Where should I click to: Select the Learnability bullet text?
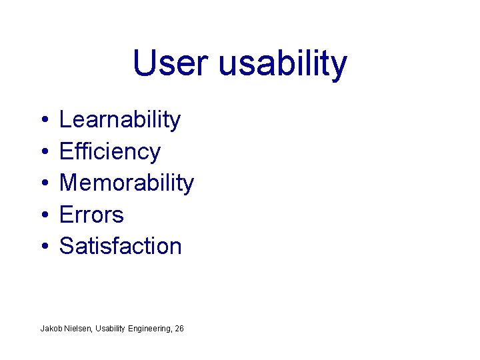click(x=120, y=121)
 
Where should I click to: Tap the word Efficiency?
click(x=110, y=152)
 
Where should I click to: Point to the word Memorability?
click(x=127, y=183)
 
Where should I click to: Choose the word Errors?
click(x=91, y=215)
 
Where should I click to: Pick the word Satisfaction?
click(x=121, y=246)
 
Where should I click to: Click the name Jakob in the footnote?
click(x=50, y=329)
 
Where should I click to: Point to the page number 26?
click(x=179, y=329)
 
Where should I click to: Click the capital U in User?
click(x=143, y=63)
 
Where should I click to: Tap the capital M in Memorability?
click(x=69, y=183)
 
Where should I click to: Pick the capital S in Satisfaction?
click(x=67, y=246)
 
